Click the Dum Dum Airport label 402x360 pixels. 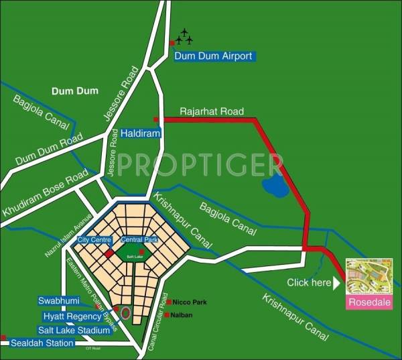213,56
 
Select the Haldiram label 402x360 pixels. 142,133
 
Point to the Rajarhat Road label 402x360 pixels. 212,111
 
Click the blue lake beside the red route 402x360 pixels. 275,186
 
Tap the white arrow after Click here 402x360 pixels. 337,283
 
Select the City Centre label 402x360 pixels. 94,239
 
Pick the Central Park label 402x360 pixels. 139,239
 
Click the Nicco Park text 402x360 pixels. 191,302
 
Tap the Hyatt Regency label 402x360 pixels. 72,316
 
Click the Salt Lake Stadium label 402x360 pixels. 74,331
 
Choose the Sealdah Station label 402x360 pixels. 42,343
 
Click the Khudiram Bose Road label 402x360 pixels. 45,193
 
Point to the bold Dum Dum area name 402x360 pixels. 74,91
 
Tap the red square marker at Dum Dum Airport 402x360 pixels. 172,43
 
